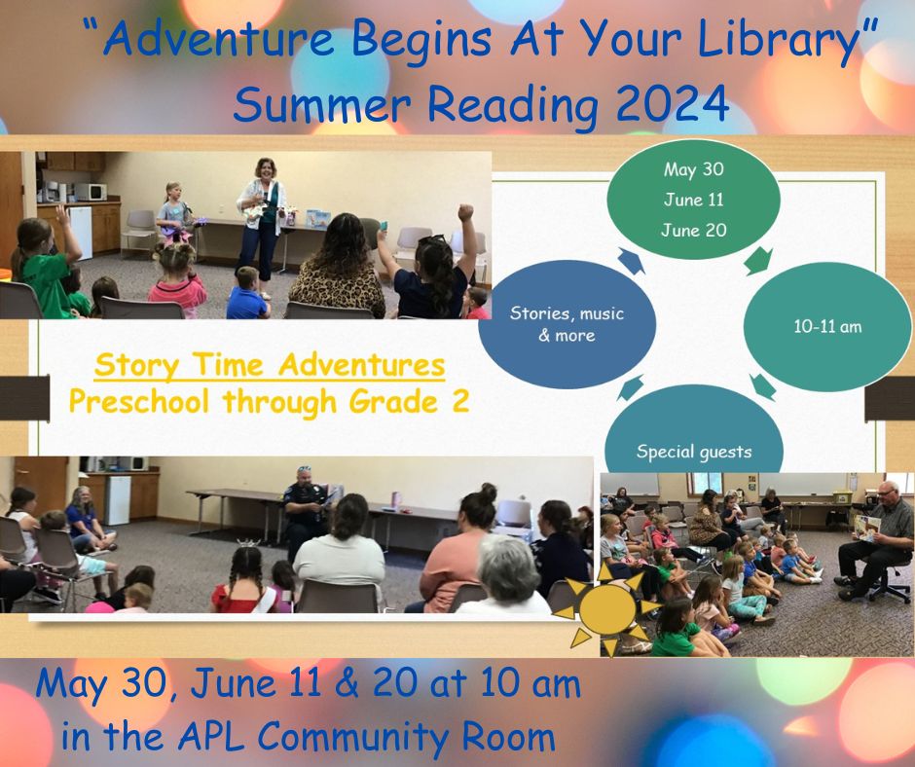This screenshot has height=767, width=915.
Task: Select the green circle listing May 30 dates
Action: click(x=693, y=201)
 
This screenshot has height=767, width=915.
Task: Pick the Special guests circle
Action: click(x=693, y=443)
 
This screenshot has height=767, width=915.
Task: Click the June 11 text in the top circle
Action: click(x=693, y=200)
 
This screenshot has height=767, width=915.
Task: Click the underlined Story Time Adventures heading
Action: click(x=272, y=367)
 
